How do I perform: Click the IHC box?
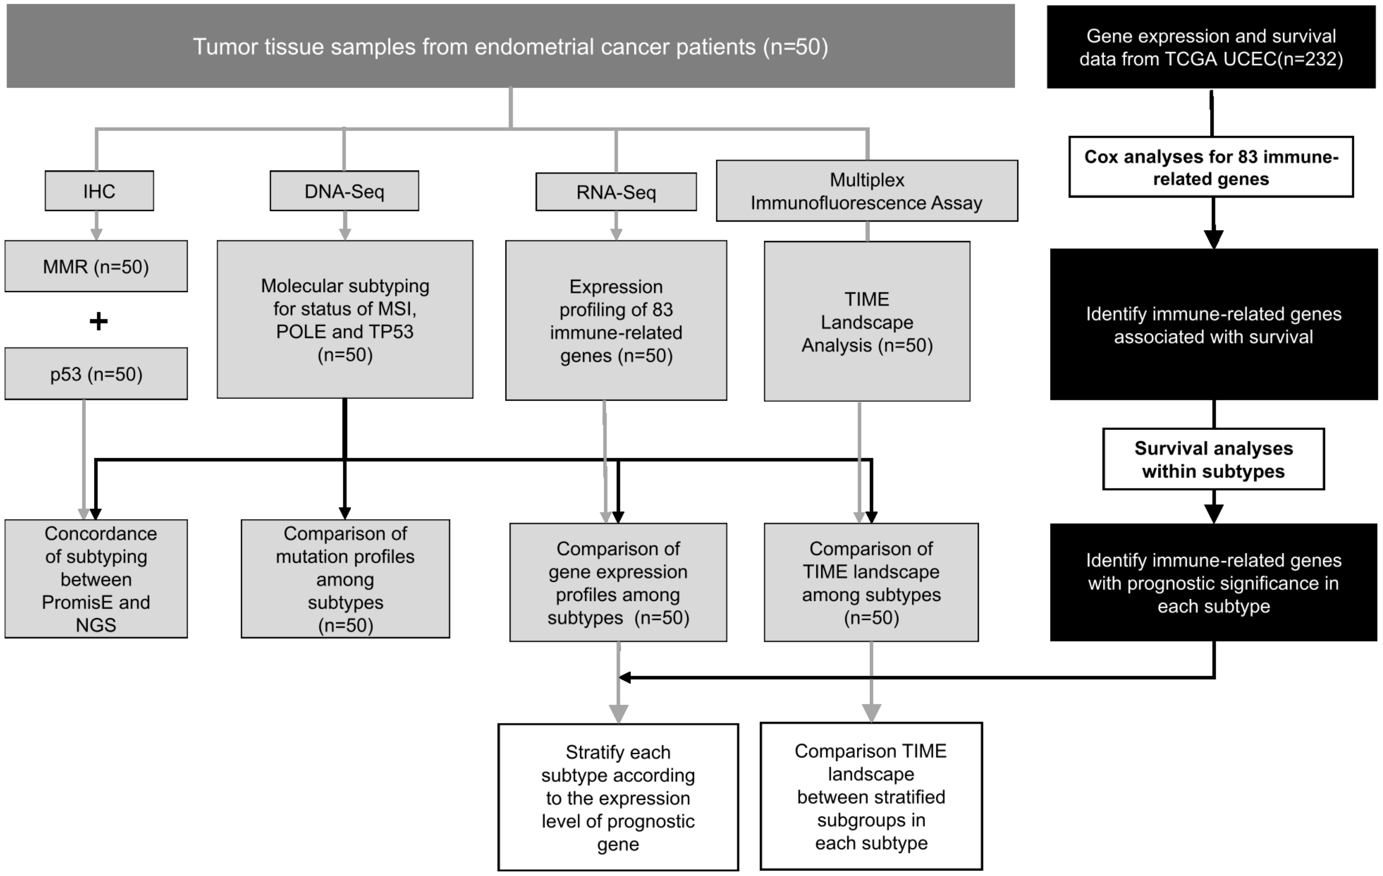click(99, 191)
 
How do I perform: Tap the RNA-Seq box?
click(616, 192)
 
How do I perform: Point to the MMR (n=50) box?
click(96, 267)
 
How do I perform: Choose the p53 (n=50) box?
click(96, 374)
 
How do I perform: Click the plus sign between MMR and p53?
click(98, 321)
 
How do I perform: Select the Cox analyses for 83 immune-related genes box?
click(1211, 167)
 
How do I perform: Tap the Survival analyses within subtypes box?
click(1213, 459)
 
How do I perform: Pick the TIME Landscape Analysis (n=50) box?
click(866, 322)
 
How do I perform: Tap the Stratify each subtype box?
click(618, 797)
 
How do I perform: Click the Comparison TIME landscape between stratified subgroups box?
click(871, 796)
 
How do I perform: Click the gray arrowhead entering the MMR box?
click(97, 234)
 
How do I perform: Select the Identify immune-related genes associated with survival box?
click(1213, 325)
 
